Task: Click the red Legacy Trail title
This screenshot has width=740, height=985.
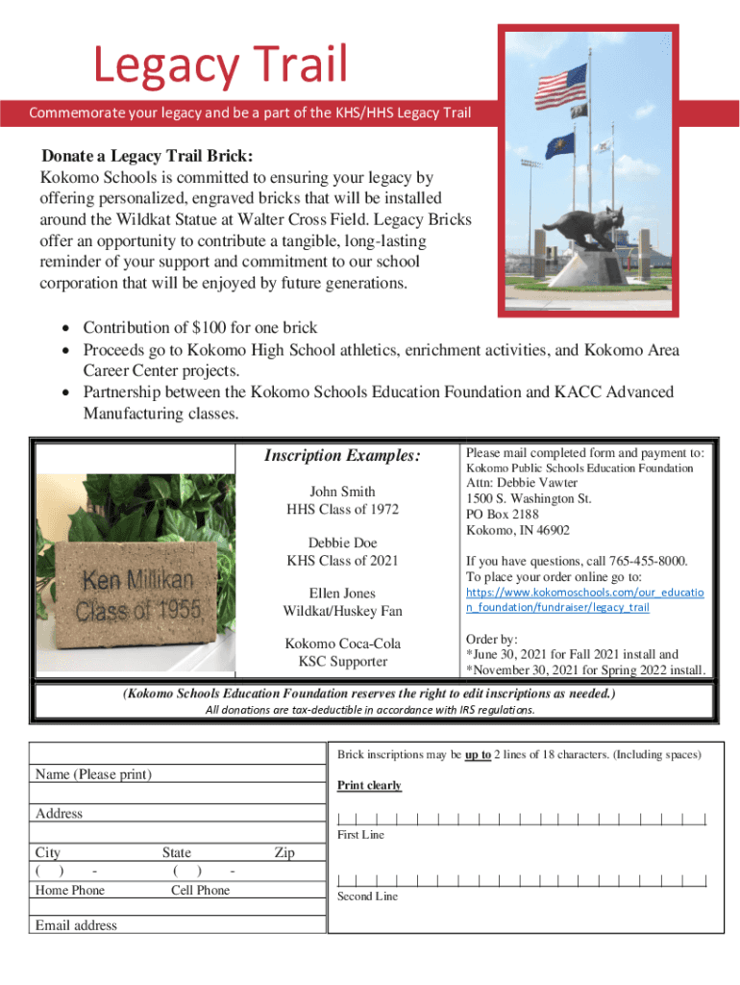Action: pos(219,65)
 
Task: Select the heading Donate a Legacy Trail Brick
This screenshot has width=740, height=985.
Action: pos(147,157)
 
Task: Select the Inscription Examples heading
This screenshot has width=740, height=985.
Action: pos(342,455)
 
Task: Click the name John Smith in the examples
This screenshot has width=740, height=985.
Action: pos(342,492)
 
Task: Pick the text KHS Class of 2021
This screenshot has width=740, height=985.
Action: pos(342,560)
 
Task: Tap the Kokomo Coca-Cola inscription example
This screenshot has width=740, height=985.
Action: pos(342,644)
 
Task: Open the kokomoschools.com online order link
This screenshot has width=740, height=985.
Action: pos(584,599)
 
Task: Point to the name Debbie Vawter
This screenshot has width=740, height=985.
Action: pos(543,482)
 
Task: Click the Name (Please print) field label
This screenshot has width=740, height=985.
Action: pos(94,774)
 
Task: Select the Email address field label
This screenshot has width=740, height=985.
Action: pos(76,925)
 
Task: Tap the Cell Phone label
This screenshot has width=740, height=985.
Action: pos(200,890)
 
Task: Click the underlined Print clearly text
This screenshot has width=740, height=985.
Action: pos(369,786)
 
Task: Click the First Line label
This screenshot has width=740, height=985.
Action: pos(360,835)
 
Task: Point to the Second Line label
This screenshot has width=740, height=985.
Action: pos(367,897)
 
